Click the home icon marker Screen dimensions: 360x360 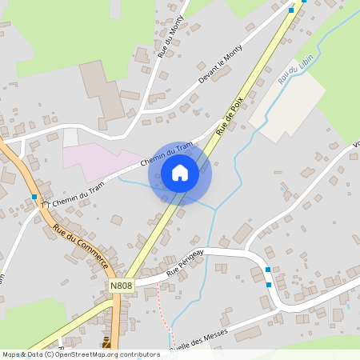point(180,173)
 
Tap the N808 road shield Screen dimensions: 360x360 point(121,286)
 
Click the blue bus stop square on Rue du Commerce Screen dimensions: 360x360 point(34,196)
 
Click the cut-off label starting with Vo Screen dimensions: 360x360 point(355,146)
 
